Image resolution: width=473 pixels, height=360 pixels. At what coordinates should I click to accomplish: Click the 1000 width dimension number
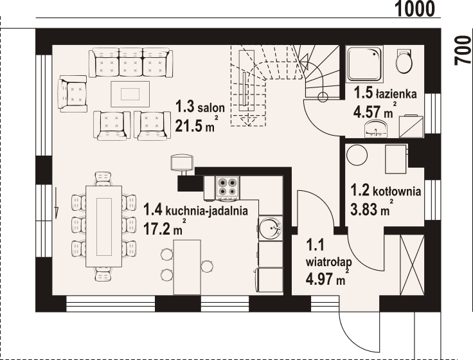(415, 9)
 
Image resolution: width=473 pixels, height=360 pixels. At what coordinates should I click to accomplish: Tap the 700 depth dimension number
(463, 50)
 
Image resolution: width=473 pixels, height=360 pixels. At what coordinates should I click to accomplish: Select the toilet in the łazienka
(404, 61)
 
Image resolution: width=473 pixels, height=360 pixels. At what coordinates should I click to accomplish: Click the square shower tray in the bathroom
(364, 64)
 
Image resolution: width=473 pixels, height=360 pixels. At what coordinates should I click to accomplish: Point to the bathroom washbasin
(375, 129)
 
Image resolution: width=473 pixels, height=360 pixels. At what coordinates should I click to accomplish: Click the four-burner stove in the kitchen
(228, 187)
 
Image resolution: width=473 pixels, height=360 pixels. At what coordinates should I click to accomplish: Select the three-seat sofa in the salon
(130, 62)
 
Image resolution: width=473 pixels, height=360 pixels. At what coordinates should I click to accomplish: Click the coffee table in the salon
(130, 94)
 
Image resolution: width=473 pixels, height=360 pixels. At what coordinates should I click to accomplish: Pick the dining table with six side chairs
(103, 226)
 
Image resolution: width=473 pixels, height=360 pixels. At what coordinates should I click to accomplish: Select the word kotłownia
(397, 192)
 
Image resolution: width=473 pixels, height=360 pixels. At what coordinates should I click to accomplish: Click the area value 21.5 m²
(196, 125)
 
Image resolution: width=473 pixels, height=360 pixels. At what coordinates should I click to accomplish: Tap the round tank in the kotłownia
(357, 156)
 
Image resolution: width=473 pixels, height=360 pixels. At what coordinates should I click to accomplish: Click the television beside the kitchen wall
(182, 164)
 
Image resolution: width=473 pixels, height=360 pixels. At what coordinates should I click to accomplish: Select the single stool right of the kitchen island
(207, 266)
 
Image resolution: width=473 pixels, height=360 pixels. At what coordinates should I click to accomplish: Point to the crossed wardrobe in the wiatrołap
(412, 265)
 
